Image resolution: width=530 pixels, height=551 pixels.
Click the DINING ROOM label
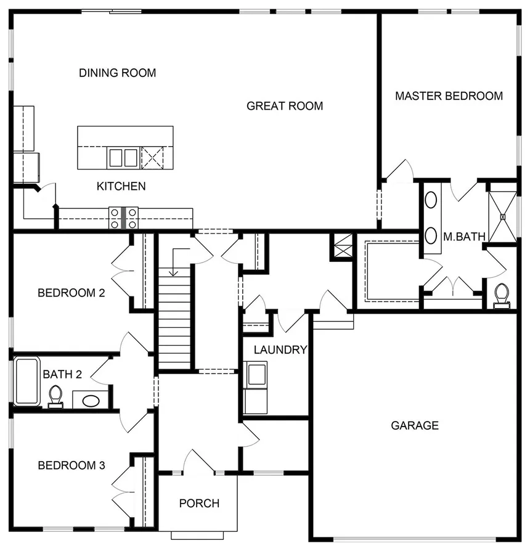[117, 73]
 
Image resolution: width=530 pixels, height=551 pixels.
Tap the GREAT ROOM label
[285, 106]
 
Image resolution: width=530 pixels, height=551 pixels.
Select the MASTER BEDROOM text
[449, 96]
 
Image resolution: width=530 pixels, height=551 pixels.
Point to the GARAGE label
[415, 425]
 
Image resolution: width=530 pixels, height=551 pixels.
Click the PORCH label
[199, 504]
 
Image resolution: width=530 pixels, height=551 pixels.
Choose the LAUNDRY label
[280, 350]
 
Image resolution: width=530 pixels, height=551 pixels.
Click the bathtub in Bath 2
[27, 380]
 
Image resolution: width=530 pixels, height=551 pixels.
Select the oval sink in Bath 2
[91, 401]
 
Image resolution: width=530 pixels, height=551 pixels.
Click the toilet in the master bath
[502, 295]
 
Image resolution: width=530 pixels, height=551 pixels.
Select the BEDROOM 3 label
[71, 465]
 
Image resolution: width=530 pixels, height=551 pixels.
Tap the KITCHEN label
[121, 186]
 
